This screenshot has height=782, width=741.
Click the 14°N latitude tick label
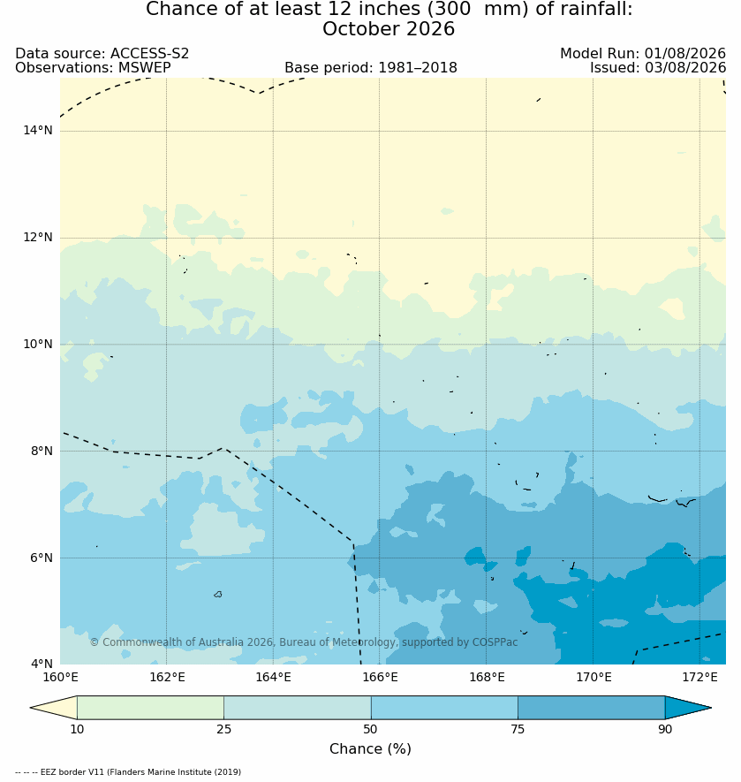38,131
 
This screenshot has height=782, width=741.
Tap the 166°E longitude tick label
380,677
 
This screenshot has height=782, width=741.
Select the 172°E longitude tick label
699,677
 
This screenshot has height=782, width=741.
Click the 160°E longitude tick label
60,677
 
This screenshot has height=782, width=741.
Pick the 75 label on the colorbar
518,729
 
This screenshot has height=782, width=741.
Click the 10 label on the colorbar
77,729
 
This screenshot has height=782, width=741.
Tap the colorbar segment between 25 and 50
298,708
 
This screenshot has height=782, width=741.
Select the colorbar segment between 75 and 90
592,708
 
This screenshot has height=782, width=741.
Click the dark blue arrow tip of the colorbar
710,708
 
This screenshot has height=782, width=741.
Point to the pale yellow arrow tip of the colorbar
32,708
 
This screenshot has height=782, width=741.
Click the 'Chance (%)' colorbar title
371,749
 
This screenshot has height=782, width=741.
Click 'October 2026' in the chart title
389,29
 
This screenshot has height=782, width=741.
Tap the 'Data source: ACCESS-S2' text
102,53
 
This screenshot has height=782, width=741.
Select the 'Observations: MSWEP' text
94,68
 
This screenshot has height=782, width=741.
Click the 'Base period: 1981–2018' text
371,68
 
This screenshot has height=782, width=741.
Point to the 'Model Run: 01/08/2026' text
643,53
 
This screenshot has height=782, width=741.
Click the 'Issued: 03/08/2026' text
658,68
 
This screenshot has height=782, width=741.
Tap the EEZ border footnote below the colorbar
128,772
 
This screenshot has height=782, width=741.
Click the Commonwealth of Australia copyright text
304,642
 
